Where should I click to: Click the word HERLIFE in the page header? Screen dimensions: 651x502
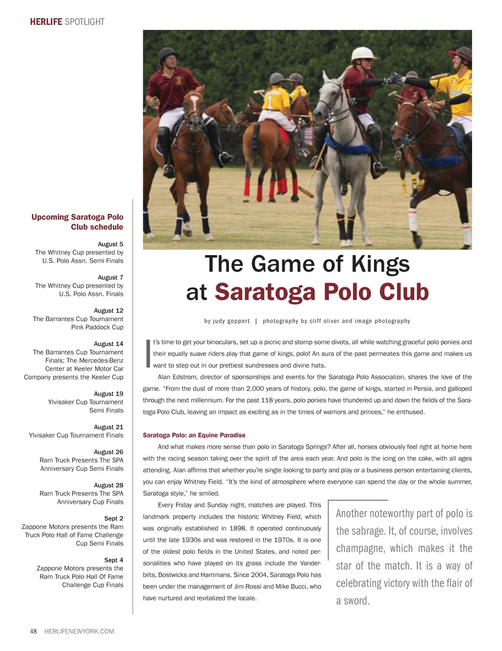46,22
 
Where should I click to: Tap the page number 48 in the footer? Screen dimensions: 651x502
33,631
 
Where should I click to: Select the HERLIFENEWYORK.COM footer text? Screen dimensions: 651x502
79,631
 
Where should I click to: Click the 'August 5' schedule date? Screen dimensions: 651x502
110,244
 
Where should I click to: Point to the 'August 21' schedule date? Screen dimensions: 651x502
108,427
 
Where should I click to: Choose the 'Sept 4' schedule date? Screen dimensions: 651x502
114,560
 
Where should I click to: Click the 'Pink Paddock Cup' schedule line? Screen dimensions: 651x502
97,327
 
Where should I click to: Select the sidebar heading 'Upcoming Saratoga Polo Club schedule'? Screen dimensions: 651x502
77,222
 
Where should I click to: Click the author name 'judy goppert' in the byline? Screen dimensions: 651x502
231,321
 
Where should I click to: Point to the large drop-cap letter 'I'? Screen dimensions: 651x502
148,353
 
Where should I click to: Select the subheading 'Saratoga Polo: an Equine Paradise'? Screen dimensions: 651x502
194,435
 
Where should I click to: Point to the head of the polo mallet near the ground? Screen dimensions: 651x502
306,192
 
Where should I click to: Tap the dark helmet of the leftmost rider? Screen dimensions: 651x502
168,54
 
